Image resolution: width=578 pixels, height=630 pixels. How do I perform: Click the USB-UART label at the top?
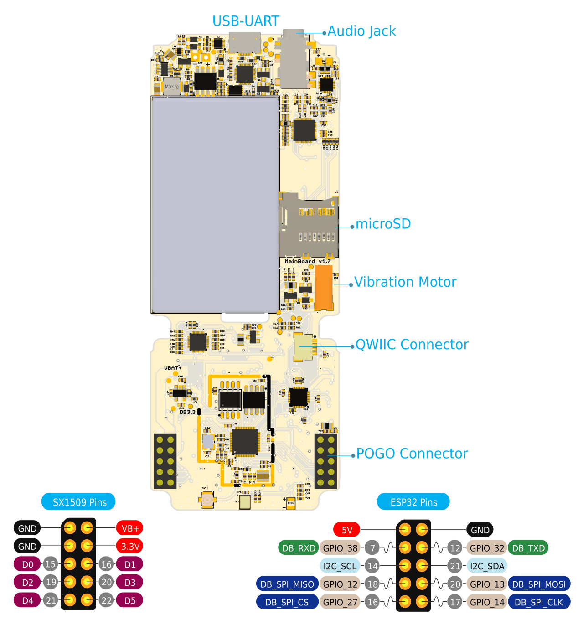click(246, 21)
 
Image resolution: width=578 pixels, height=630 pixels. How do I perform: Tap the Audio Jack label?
click(361, 31)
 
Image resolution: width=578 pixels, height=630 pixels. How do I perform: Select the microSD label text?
click(383, 224)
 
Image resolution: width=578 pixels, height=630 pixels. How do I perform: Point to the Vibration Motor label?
click(405, 282)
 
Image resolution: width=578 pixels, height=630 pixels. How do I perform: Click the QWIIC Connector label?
click(412, 345)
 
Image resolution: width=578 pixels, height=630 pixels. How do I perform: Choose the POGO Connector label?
click(412, 454)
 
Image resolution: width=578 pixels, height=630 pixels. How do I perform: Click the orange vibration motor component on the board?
click(324, 287)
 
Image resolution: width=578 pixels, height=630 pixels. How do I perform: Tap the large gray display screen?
click(215, 205)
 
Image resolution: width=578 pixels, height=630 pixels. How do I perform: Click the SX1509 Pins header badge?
click(78, 502)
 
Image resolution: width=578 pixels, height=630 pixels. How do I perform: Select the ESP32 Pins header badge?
click(413, 502)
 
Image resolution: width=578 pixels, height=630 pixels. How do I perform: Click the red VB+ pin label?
click(130, 528)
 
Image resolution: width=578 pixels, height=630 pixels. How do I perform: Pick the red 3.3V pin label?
click(130, 546)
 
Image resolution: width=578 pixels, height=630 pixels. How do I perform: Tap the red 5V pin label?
click(347, 530)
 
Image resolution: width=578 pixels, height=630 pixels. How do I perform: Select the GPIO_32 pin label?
click(487, 548)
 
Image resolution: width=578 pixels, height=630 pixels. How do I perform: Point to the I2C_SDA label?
click(487, 566)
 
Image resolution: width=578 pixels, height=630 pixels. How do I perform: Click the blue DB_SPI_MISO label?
click(287, 584)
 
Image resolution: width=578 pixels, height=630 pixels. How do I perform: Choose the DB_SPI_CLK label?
click(539, 602)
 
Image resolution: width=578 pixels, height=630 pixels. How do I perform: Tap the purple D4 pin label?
click(27, 600)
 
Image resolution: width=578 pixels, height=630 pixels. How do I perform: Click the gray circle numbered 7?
click(372, 547)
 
